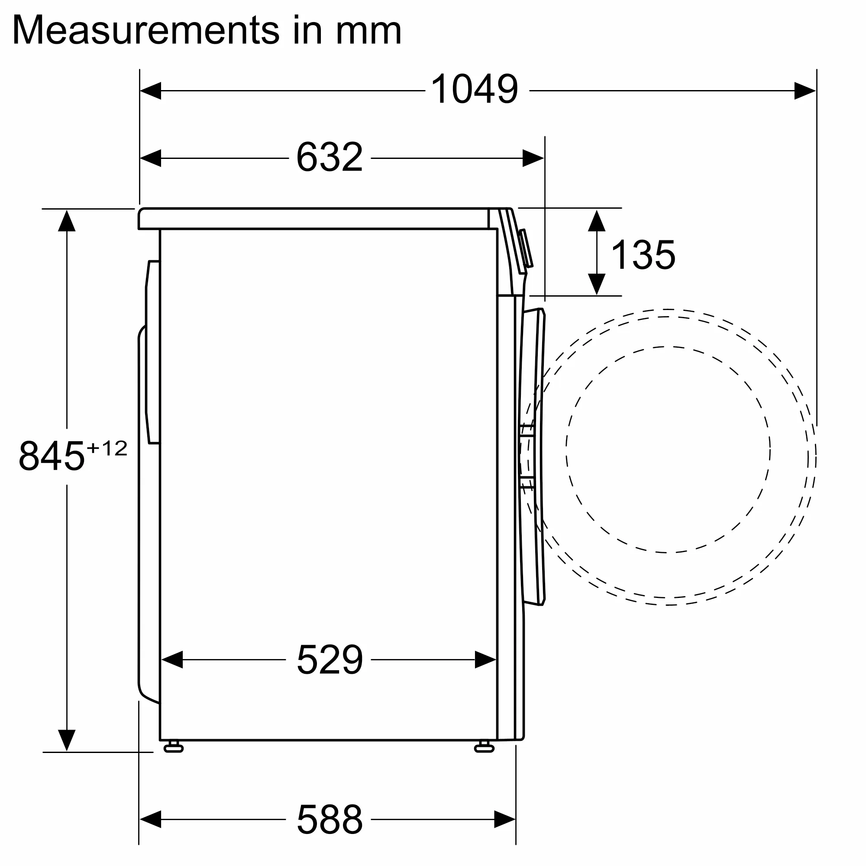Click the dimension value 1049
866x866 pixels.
[474, 90]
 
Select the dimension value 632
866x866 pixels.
[330, 157]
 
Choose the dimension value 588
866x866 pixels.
[330, 819]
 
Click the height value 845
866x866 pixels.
[52, 456]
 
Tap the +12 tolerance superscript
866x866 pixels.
[107, 448]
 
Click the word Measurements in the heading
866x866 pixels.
[145, 30]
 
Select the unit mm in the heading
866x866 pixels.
[368, 30]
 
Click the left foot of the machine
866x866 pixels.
[174, 747]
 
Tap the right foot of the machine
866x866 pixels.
[484, 747]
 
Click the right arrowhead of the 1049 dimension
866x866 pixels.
[805, 91]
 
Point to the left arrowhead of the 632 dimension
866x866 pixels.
[151, 158]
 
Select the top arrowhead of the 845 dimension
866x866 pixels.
[67, 220]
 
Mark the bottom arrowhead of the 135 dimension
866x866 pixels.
[597, 284]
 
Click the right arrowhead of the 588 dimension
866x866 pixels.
[505, 819]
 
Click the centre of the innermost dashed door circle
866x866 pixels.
[668, 449]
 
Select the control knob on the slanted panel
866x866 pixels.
[526, 249]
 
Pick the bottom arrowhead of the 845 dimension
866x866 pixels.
[67, 740]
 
